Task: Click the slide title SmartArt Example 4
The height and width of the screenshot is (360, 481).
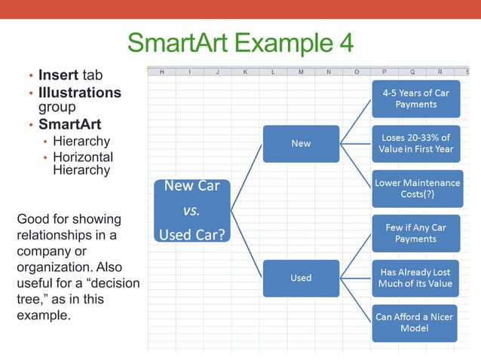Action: click(x=240, y=42)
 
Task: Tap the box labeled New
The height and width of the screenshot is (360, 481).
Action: click(x=301, y=143)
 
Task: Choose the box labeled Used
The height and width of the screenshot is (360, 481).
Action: click(x=301, y=278)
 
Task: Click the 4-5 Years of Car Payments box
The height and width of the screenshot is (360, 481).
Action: click(x=415, y=99)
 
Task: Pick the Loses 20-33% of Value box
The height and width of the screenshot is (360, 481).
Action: click(x=415, y=143)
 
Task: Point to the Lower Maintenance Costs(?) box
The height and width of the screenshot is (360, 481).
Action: click(x=415, y=188)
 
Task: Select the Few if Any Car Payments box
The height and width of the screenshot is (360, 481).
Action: click(x=415, y=233)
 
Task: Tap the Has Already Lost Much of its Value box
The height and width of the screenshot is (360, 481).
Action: click(x=415, y=278)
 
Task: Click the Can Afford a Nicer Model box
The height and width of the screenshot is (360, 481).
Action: click(x=415, y=322)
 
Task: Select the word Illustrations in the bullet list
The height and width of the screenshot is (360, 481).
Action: click(x=80, y=93)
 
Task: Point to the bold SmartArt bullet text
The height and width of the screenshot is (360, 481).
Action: click(x=69, y=124)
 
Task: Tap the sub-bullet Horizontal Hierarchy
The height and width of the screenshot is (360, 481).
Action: click(x=83, y=163)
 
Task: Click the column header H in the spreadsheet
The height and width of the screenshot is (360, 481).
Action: click(x=161, y=72)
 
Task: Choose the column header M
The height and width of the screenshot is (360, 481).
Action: click(x=301, y=72)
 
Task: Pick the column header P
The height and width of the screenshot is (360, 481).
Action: click(x=384, y=72)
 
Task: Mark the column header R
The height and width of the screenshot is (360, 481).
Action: click(x=440, y=72)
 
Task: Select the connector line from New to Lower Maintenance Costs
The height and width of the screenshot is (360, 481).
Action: click(x=356, y=166)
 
